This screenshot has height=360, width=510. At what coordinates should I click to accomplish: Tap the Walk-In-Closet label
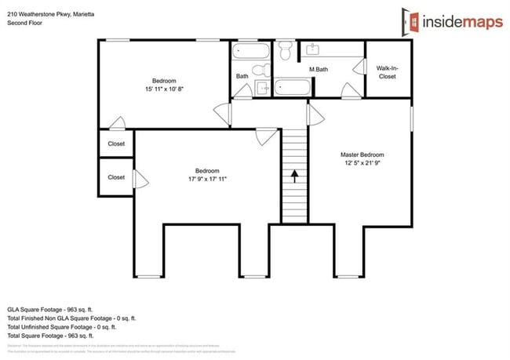pyautogui.click(x=387, y=72)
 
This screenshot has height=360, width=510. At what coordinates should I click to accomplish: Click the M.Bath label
pyautogui.click(x=318, y=71)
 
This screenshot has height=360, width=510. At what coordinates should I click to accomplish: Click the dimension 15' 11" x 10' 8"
pyautogui.click(x=164, y=89)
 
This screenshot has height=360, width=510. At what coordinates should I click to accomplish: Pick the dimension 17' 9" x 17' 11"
pyautogui.click(x=207, y=180)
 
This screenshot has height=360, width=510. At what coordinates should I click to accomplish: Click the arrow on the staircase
pyautogui.click(x=295, y=175)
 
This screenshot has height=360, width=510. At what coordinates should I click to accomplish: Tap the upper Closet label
pyautogui.click(x=116, y=144)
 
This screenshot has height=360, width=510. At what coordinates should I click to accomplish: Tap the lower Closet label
pyautogui.click(x=116, y=177)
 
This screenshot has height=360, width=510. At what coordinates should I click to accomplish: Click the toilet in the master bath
pyautogui.click(x=286, y=51)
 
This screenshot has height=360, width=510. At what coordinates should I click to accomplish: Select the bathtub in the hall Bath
pyautogui.click(x=252, y=53)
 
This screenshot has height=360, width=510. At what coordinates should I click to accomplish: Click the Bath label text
pyautogui.click(x=242, y=76)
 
